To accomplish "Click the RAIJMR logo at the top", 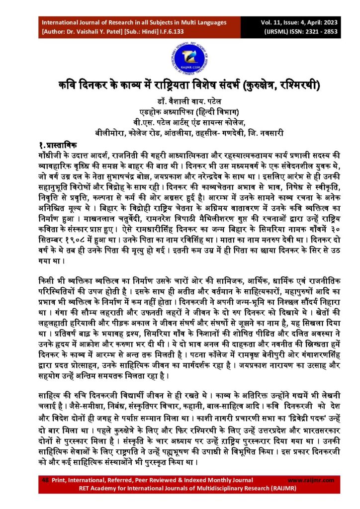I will coord(180,54).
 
